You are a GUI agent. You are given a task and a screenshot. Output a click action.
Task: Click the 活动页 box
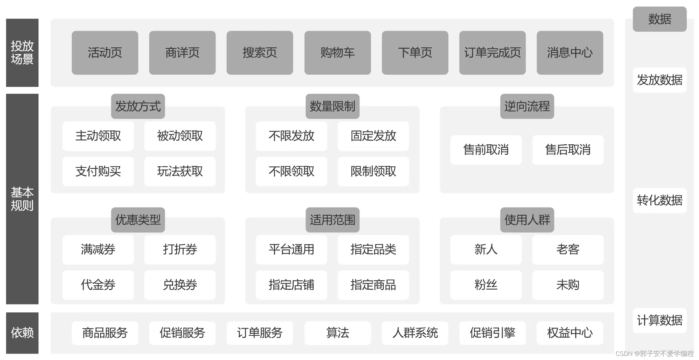click(105, 53)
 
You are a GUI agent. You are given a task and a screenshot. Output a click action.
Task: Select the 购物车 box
click(337, 53)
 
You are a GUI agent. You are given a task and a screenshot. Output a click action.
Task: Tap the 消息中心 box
click(570, 53)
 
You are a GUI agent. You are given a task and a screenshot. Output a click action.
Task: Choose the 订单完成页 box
click(492, 53)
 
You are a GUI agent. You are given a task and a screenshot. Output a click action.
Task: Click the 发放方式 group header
click(138, 106)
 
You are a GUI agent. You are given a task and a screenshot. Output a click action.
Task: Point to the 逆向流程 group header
click(527, 106)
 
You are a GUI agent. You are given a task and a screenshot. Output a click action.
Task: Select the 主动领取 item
click(98, 136)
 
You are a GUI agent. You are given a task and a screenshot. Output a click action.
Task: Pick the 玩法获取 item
click(180, 171)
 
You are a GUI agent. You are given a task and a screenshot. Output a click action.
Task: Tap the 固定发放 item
click(373, 136)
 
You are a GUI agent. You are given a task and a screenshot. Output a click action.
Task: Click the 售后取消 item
click(568, 150)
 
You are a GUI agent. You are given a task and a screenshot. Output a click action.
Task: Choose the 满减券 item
click(98, 249)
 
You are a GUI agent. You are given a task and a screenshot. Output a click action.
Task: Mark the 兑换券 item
click(180, 285)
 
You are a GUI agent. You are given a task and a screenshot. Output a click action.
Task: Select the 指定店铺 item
click(291, 285)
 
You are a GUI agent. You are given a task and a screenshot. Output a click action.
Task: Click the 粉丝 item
click(486, 285)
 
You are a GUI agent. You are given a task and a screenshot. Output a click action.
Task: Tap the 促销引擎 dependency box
click(492, 333)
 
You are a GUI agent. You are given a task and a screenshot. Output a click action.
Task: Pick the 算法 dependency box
click(337, 333)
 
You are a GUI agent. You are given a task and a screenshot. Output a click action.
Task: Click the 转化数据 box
click(659, 200)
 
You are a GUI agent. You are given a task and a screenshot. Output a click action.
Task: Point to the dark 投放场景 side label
click(22, 53)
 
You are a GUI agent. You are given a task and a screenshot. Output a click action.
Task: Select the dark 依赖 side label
click(22, 333)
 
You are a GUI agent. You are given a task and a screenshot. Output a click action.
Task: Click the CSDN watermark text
click(654, 354)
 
